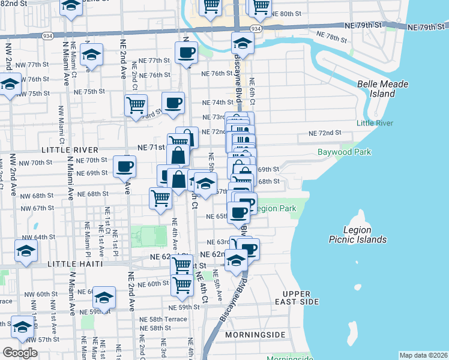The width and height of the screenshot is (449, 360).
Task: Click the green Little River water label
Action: coord(375,123)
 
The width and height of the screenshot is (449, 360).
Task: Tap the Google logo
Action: coord(20,353)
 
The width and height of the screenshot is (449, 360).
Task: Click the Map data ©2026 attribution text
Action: coord(423,355)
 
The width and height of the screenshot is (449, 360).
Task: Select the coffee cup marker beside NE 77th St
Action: coord(187,53)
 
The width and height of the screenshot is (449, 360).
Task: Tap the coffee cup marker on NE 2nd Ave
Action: coord(124,167)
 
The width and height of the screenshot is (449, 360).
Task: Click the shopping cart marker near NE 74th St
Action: coord(136,105)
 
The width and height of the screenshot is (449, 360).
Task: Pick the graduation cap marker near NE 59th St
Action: coord(104,298)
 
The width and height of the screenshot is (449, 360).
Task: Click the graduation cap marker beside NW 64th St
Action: coord(26,252)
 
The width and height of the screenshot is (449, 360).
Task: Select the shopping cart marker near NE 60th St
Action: coord(181,286)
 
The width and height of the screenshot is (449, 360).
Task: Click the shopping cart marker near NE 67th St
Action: coord(160,198)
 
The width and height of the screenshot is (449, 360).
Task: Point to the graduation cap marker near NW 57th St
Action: coord(22,327)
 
